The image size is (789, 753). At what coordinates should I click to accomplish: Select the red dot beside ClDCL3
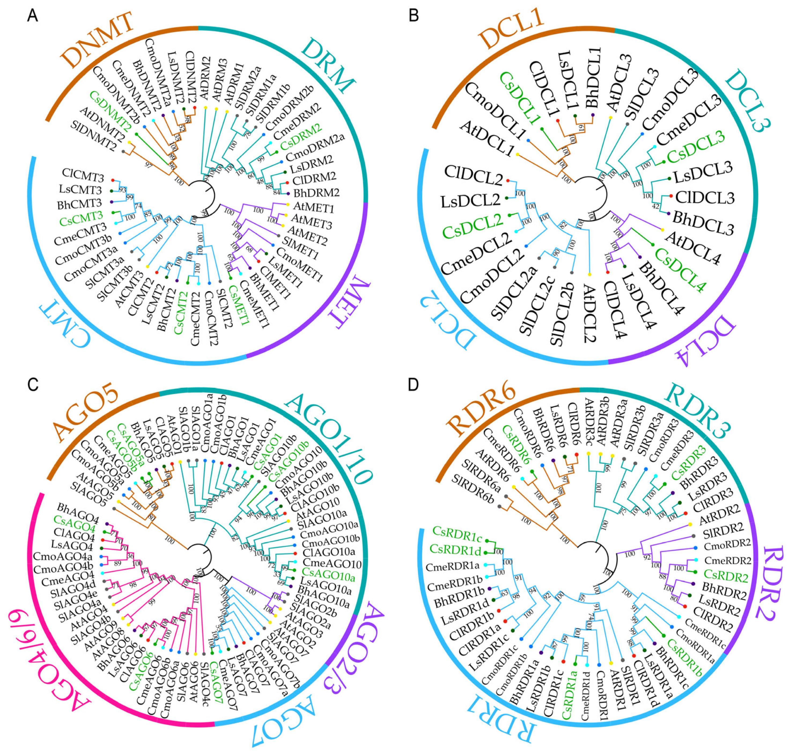(x=671, y=196)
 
